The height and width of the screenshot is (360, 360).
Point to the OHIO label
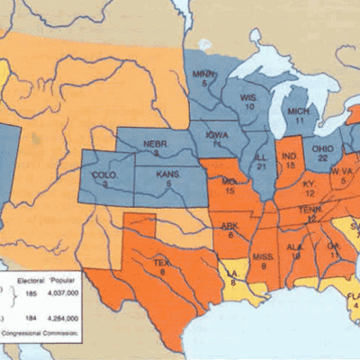320,148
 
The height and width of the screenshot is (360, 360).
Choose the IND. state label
289,156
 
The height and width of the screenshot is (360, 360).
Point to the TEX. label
161,262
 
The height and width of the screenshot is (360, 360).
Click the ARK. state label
229,226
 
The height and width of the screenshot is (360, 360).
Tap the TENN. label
310,208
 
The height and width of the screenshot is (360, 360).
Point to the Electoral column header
31,281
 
